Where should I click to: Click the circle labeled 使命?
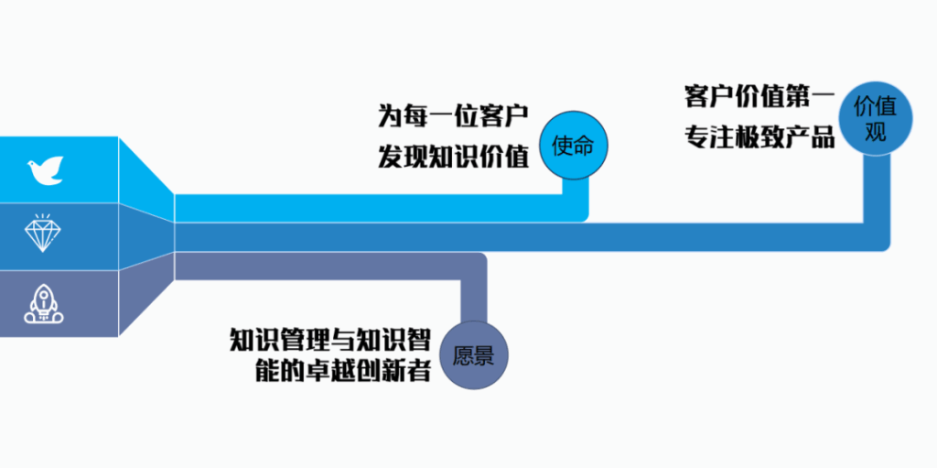click(x=574, y=145)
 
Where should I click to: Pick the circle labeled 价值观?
click(x=876, y=118)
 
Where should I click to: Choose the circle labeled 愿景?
click(x=474, y=354)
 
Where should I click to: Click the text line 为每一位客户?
click(x=453, y=116)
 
